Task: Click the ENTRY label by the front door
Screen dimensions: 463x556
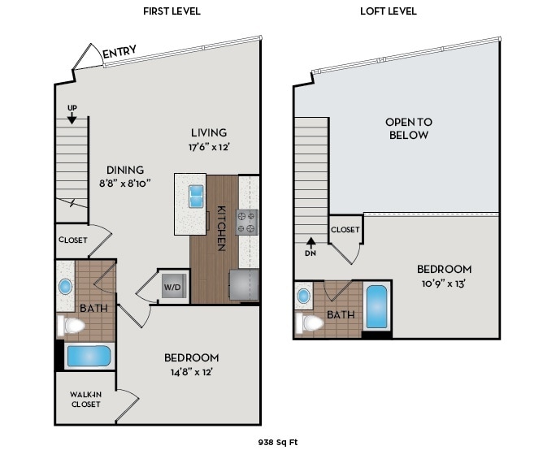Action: click(x=119, y=54)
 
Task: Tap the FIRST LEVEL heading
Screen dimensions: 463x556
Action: click(x=172, y=11)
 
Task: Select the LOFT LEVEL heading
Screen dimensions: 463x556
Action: click(x=388, y=11)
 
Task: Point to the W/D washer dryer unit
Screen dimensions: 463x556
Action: click(x=173, y=287)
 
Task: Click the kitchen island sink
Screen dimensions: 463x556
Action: click(x=196, y=196)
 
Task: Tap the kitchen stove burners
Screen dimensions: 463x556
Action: click(x=246, y=222)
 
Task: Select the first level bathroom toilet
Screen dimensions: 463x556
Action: click(x=72, y=326)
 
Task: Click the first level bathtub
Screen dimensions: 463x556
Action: click(x=88, y=357)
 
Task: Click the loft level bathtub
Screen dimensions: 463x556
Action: click(x=376, y=306)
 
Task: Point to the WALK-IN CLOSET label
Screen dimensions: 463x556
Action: click(x=85, y=400)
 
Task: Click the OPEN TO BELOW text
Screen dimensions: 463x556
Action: click(x=408, y=128)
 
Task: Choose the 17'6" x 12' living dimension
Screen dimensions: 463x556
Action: click(x=209, y=147)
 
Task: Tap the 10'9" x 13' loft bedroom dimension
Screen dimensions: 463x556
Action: click(x=444, y=284)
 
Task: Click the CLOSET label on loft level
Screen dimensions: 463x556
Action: click(x=345, y=230)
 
